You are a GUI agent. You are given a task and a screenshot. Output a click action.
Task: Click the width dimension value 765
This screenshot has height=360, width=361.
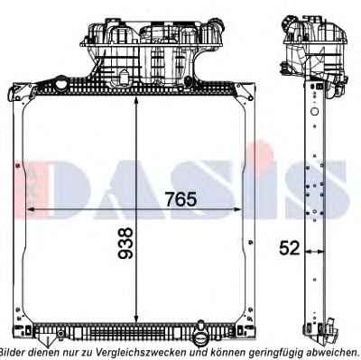pyautogui.click(x=181, y=199)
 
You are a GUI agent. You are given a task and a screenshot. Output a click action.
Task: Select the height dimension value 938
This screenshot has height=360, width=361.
pyautogui.click(x=125, y=243)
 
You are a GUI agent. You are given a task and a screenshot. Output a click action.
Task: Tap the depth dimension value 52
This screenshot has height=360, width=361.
pyautogui.click(x=290, y=248)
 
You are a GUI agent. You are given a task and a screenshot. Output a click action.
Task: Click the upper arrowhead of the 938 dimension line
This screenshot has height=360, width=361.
pyautogui.click(x=136, y=100)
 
